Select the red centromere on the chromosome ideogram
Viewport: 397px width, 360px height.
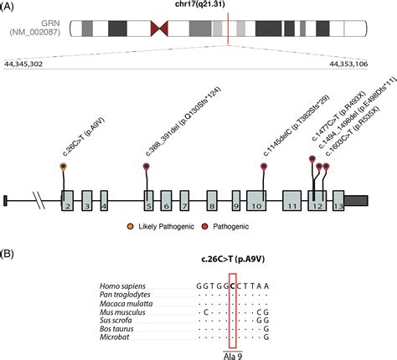157,29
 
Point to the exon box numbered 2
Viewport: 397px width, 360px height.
67,200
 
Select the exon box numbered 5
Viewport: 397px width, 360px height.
148,200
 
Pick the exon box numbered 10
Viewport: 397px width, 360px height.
259,200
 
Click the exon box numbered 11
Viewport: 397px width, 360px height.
291,200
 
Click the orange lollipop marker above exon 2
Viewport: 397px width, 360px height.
64,167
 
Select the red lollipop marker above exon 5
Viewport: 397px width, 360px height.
147,167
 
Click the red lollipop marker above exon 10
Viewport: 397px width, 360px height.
265,167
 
